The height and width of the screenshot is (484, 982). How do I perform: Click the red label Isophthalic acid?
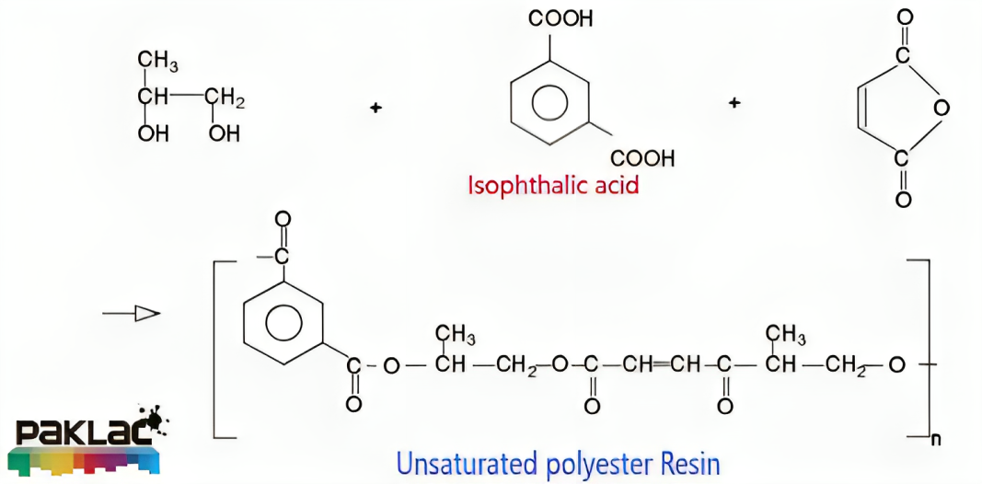tap(553, 184)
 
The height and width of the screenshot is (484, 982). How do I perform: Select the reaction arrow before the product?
tap(132, 314)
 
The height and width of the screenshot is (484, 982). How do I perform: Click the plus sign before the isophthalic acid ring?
tap(375, 108)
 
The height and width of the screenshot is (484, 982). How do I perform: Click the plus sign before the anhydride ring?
tap(734, 102)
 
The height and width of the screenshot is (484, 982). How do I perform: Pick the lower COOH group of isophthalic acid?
tap(642, 158)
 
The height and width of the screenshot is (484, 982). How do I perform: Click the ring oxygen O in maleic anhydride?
tap(941, 108)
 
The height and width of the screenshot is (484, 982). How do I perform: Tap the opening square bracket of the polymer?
tap(218, 349)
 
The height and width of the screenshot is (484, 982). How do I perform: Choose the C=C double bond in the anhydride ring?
tap(861, 108)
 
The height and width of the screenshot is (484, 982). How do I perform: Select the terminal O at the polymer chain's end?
tap(897, 365)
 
